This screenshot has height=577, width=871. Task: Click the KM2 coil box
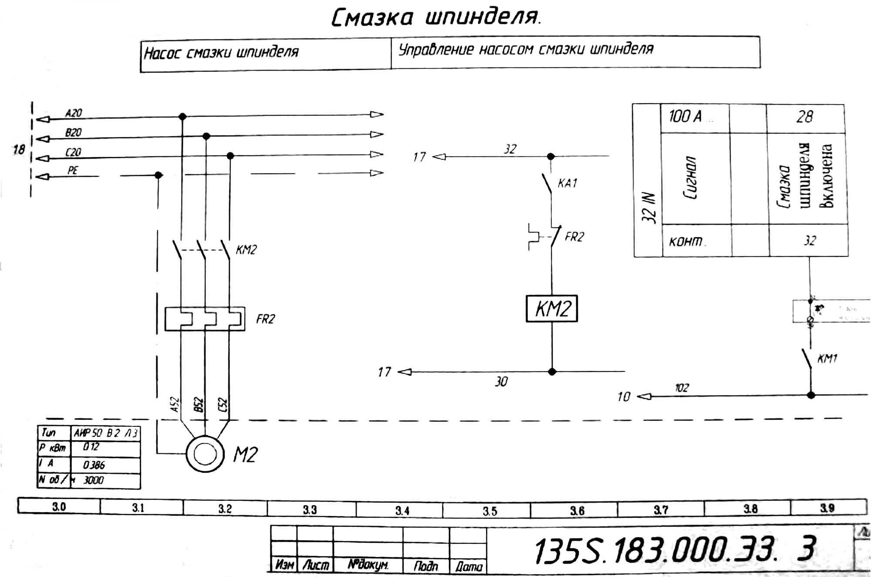click(552, 309)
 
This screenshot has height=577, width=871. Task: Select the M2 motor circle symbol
click(205, 454)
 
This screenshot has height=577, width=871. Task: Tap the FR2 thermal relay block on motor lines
click(205, 319)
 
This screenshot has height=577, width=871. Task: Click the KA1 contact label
click(567, 183)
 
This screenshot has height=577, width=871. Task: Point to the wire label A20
click(74, 113)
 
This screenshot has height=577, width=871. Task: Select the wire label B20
click(73, 132)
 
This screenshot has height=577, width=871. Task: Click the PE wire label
click(73, 170)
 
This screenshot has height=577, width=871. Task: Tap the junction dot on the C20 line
click(230, 155)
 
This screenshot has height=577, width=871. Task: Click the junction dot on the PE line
click(159, 175)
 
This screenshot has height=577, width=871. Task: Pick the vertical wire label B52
click(199, 405)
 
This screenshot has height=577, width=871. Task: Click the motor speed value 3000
click(93, 480)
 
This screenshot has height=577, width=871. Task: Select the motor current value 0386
click(94, 465)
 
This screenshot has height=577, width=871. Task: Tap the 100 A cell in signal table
click(685, 117)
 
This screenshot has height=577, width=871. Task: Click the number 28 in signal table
click(805, 117)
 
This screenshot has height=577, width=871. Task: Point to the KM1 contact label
click(827, 359)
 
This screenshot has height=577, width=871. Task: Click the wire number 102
click(682, 388)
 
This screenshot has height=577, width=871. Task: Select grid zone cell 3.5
click(490, 511)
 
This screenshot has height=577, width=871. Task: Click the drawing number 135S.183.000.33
click(655, 550)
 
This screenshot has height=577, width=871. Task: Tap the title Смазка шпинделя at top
click(435, 18)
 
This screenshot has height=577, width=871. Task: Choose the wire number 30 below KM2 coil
click(501, 382)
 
